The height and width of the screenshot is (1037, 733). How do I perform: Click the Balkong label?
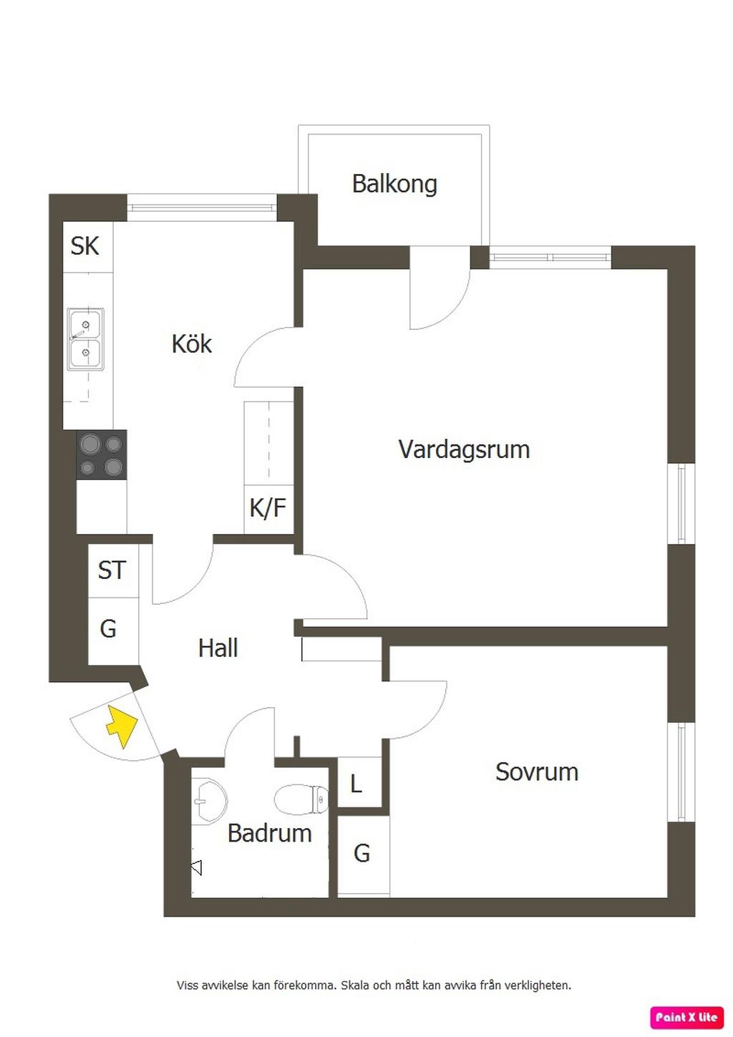tap(394, 185)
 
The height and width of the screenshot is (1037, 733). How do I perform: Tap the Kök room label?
tap(192, 344)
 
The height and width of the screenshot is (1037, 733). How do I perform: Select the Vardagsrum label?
tap(464, 449)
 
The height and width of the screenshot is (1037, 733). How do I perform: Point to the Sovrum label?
tap(537, 771)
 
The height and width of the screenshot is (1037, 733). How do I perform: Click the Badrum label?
tap(269, 833)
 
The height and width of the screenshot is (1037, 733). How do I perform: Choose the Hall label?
tap(218, 648)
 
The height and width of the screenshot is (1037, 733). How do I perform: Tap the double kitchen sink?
tap(86, 339)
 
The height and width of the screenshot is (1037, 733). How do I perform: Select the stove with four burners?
tap(102, 455)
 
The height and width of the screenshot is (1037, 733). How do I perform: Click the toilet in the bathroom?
tap(301, 799)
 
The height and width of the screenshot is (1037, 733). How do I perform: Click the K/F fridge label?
tap(268, 508)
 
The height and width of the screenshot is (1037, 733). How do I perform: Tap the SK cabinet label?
tap(84, 246)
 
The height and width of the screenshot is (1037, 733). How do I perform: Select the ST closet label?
tap(112, 570)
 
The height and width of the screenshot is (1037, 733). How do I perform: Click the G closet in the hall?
tap(108, 629)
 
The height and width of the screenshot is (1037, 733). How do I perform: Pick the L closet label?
tap(356, 784)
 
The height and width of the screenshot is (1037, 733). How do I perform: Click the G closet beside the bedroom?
tap(362, 853)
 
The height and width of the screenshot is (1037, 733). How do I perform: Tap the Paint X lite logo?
tap(686, 1017)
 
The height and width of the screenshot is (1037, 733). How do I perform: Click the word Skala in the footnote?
tap(356, 985)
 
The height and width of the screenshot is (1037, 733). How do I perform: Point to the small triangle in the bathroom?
tap(196, 868)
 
